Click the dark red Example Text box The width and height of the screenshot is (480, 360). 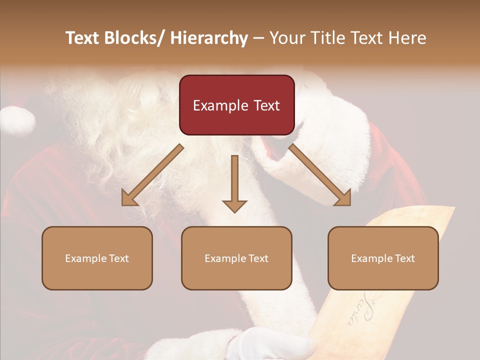236,105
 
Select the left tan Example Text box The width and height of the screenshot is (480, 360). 97,258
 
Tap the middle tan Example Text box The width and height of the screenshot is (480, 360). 236,258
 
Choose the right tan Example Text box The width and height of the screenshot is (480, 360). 383,258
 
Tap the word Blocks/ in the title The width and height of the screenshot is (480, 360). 136,38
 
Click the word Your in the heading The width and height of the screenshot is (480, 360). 287,38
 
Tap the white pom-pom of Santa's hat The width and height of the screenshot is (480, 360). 17,120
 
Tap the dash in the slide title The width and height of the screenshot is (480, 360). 258,38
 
